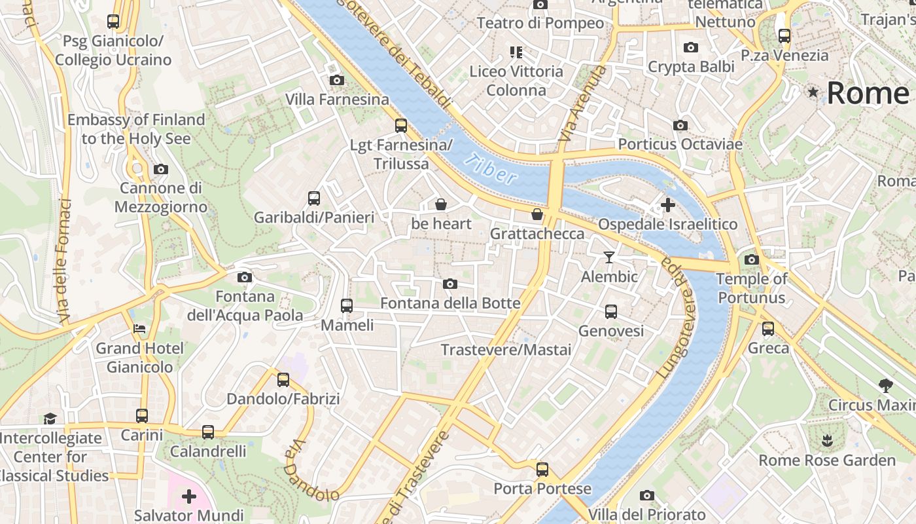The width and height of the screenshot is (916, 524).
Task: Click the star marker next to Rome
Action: point(813,92)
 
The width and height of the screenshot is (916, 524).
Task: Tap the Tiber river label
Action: point(493,168)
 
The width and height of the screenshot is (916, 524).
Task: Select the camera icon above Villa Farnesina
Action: point(337,80)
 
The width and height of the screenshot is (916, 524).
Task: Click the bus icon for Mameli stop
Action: point(346,305)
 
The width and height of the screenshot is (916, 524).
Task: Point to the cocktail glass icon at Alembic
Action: point(609,257)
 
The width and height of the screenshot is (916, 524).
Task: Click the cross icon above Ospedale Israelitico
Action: point(667,205)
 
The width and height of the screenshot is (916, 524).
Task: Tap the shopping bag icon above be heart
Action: point(441,204)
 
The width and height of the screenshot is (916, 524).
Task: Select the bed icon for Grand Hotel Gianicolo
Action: point(139,328)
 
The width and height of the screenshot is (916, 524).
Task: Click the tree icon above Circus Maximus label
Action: point(886,385)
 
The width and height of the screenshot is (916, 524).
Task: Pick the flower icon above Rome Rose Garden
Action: point(828,440)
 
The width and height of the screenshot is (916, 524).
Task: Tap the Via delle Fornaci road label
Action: point(63,261)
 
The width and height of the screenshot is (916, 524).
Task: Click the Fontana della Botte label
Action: point(450,303)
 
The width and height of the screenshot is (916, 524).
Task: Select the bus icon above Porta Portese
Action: point(542,469)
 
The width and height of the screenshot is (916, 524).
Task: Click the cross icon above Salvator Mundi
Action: point(189,496)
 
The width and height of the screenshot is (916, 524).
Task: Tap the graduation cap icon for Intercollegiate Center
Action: point(50,419)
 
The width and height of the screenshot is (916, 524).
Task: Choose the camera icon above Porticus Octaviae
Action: point(680,125)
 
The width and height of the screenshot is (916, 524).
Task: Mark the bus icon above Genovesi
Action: point(610,312)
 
